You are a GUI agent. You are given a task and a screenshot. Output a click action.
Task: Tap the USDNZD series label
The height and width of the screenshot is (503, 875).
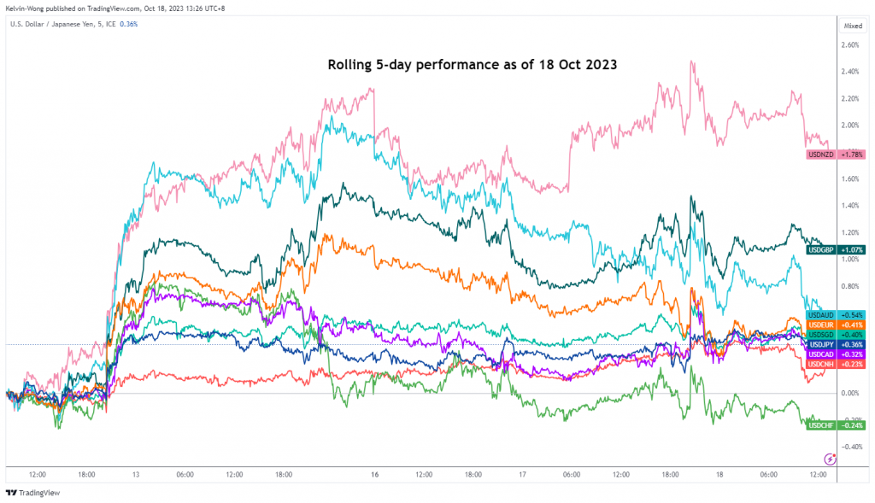(822, 155)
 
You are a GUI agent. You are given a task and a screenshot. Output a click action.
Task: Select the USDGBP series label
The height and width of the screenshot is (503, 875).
(822, 249)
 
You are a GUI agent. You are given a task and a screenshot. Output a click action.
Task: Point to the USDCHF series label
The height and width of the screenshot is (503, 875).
(822, 424)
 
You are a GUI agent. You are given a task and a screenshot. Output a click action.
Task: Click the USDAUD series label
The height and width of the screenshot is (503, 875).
(822, 315)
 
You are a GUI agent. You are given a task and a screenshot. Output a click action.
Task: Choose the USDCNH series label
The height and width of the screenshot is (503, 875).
(822, 364)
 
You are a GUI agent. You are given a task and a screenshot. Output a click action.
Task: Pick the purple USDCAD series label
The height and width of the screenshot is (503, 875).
(822, 354)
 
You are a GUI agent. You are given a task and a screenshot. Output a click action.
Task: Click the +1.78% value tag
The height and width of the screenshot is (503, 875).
(852, 155)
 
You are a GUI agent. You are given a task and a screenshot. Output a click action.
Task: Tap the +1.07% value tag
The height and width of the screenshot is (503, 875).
(852, 249)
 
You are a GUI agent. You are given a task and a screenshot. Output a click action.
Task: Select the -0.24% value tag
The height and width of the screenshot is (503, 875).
(852, 424)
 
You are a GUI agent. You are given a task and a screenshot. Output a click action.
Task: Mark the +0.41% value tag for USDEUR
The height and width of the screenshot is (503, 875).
(852, 325)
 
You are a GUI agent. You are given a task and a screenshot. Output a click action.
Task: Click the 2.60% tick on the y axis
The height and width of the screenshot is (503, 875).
(851, 44)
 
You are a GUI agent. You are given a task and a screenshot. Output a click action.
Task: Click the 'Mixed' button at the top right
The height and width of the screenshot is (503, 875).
(853, 26)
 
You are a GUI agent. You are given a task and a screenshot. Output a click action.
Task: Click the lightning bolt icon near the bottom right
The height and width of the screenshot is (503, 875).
(830, 459)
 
